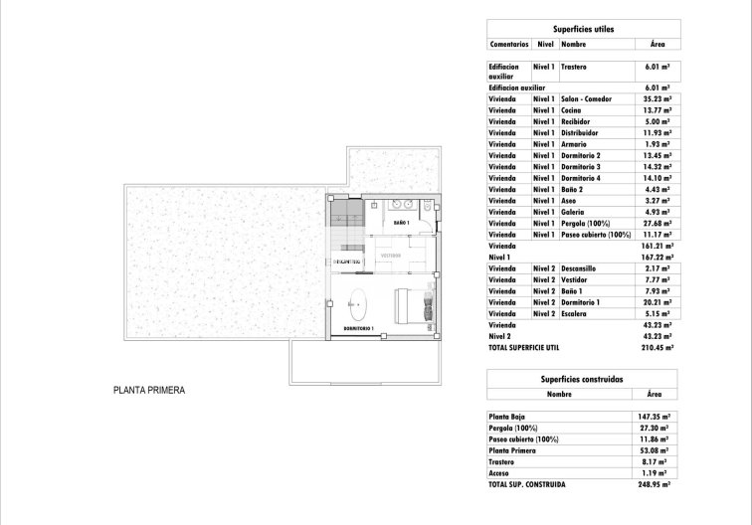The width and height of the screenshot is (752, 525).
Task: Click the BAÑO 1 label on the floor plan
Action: click(402, 223)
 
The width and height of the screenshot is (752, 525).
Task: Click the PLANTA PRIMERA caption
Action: click(149, 391)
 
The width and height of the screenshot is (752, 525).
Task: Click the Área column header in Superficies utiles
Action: click(658, 45)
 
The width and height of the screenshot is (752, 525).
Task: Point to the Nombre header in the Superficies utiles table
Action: click(574, 45)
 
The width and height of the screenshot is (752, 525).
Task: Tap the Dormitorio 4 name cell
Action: click(581, 178)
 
